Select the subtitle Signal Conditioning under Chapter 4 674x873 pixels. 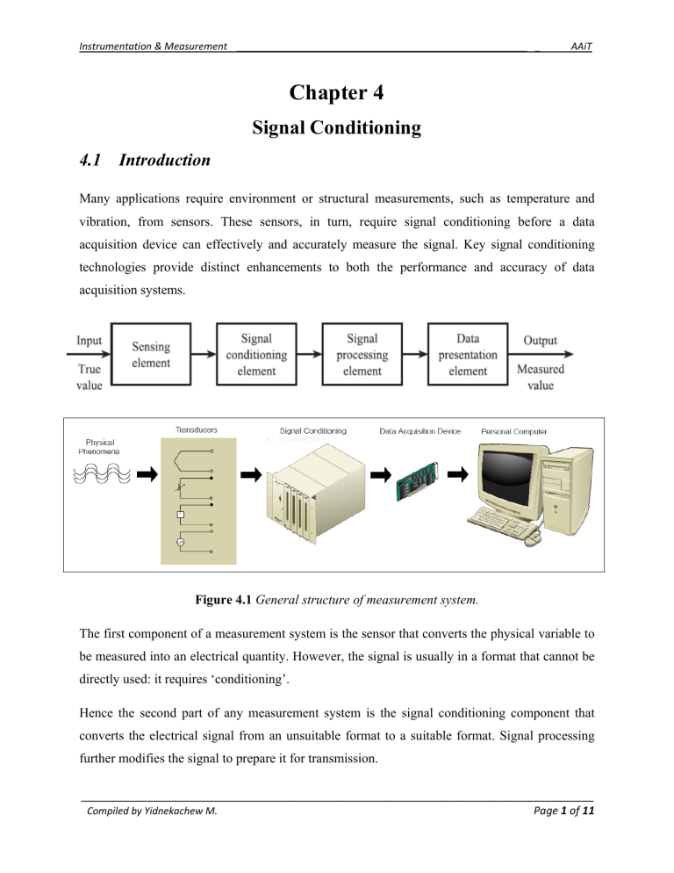pos(337,129)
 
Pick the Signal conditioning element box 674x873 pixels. pos(256,353)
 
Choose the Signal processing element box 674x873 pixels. pos(362,353)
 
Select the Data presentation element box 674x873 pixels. pos(467,353)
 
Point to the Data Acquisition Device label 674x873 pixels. pos(420,431)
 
